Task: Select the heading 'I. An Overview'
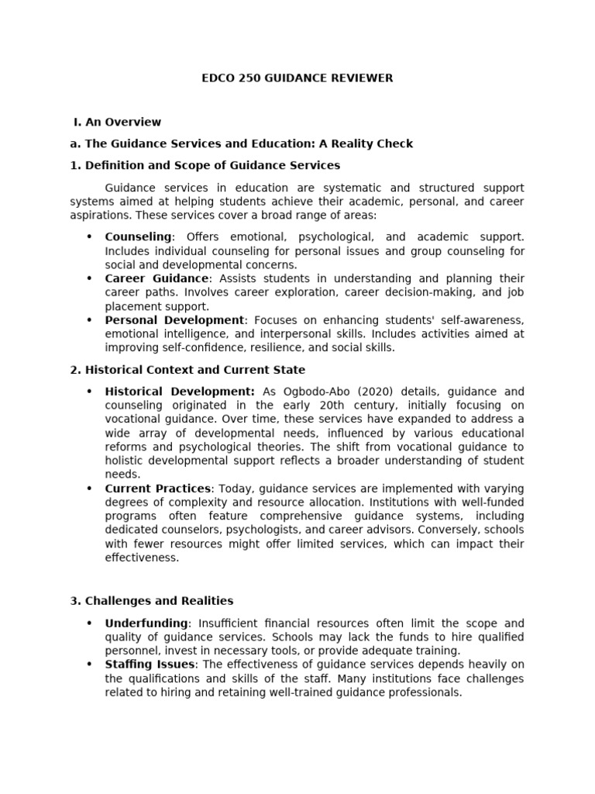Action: point(117,122)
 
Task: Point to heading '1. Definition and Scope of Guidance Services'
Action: point(205,165)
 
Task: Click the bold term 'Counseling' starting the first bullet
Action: point(138,236)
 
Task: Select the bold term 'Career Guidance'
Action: point(156,278)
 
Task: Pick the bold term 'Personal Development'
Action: point(174,320)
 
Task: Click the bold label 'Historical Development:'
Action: point(180,392)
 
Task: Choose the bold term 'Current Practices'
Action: point(157,488)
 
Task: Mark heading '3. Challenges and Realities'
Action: point(151,601)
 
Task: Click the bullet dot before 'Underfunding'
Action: point(89,623)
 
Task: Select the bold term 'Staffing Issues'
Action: point(150,665)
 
